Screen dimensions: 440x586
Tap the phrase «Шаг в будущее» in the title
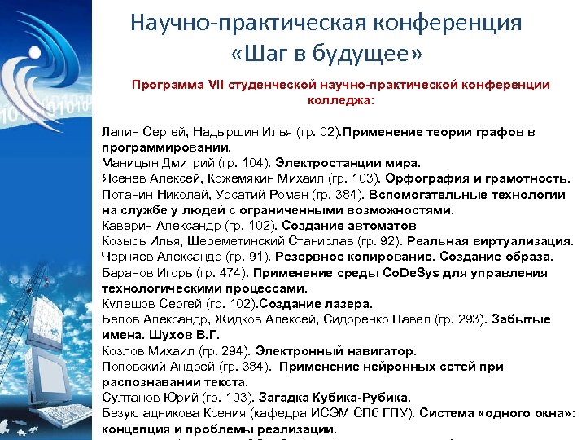coord(326,55)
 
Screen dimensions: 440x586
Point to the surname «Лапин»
coord(119,131)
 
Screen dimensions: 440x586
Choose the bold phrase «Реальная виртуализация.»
coord(479,241)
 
